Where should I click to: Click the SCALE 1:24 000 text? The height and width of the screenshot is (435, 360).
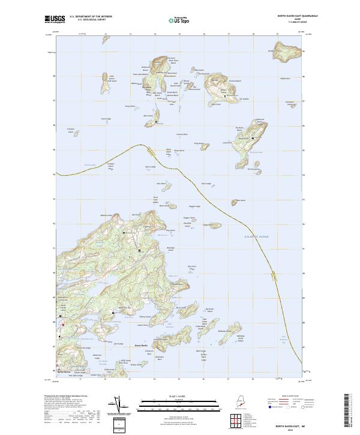170,397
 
